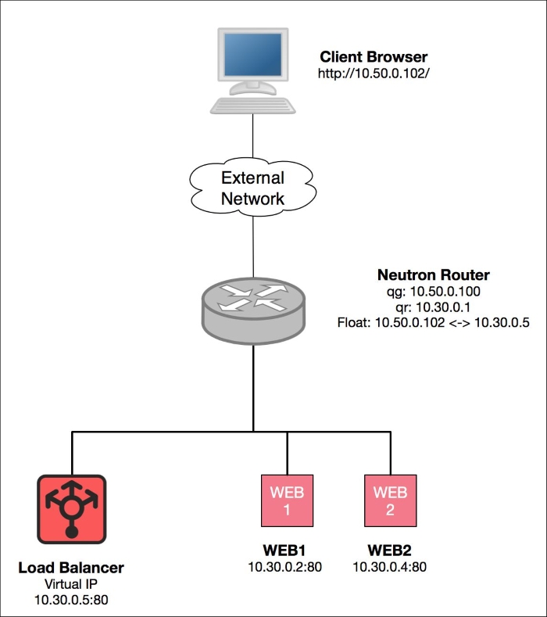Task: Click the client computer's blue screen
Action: click(253, 54)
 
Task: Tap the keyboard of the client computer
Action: click(253, 106)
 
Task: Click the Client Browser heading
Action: click(374, 56)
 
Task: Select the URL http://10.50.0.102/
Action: click(374, 74)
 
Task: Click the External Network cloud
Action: click(253, 188)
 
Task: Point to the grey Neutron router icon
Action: click(253, 311)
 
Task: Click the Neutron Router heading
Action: click(434, 274)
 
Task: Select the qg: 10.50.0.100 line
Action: click(434, 291)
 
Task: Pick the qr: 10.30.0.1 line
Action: click(434, 307)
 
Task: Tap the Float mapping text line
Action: click(434, 323)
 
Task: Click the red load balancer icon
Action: click(72, 509)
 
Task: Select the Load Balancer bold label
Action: click(71, 568)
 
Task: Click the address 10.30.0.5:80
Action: click(71, 600)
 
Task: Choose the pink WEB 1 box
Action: click(287, 500)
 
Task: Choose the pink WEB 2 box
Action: click(390, 500)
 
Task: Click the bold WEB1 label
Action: click(284, 550)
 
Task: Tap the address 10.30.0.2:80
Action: click(284, 567)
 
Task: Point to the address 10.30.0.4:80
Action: click(389, 567)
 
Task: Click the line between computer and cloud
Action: click(252, 136)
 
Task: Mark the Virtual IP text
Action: click(71, 583)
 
